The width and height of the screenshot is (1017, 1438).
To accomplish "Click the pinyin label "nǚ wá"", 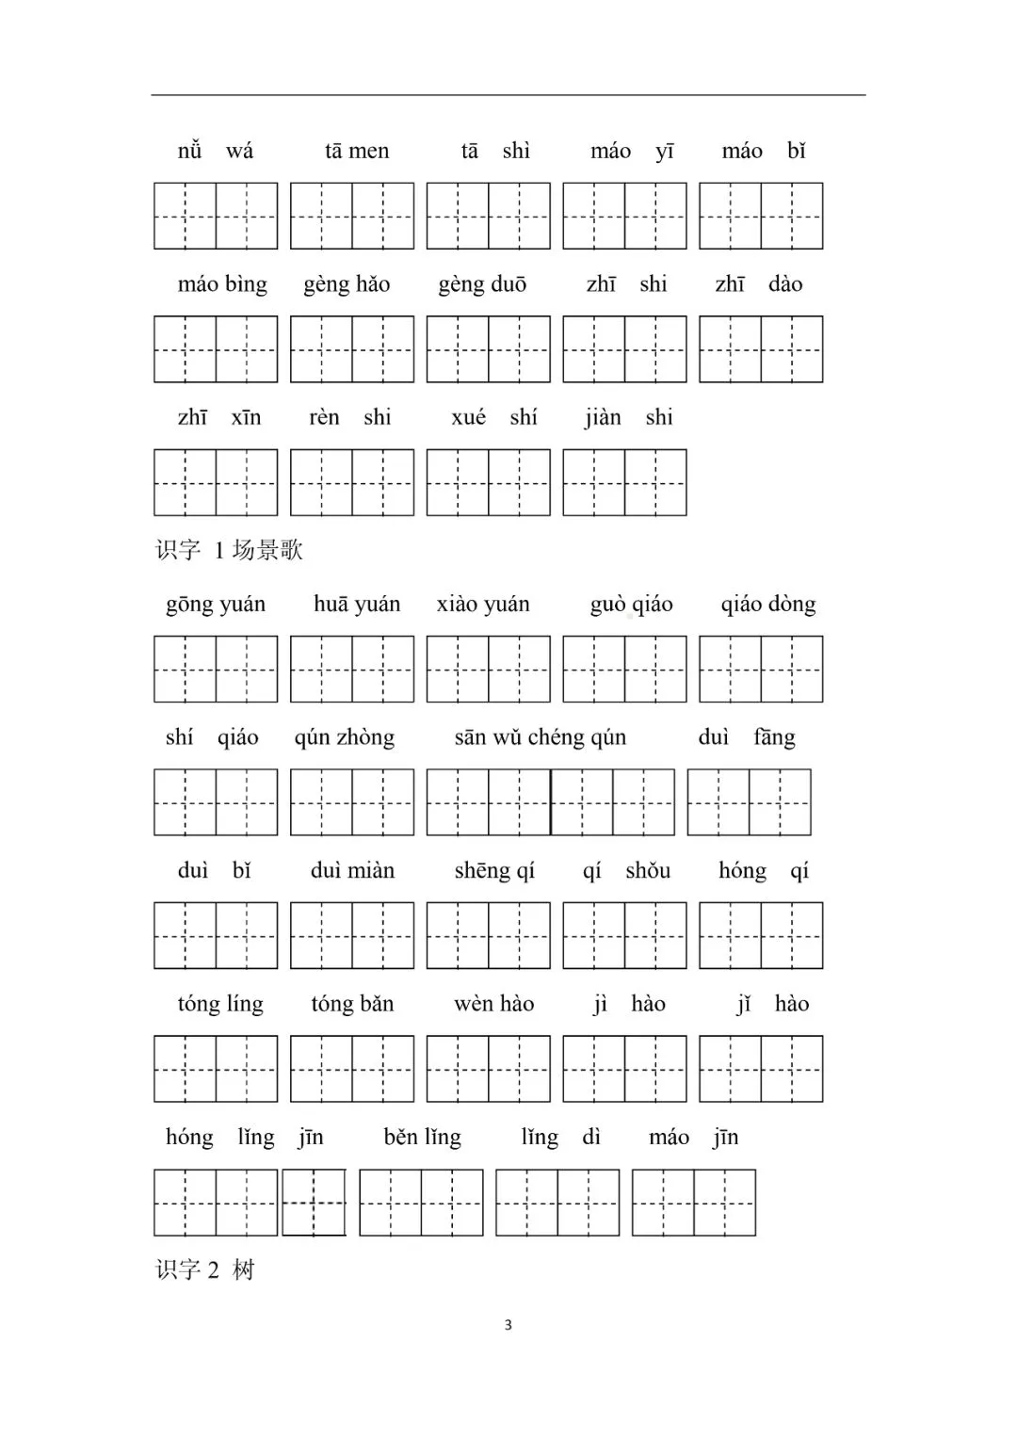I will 216,151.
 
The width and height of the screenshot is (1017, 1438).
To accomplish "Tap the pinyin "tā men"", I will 357,151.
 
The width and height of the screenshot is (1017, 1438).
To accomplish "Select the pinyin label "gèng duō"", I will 482,284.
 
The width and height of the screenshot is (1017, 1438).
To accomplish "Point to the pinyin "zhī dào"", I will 759,284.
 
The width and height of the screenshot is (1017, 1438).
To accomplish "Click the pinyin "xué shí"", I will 494,417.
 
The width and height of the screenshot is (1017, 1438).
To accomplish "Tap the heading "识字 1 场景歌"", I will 230,550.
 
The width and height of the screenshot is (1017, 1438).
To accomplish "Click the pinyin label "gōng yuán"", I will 216,605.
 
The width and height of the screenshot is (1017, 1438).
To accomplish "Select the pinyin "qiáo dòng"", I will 768,605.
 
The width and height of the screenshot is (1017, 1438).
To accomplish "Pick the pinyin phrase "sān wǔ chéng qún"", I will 541,737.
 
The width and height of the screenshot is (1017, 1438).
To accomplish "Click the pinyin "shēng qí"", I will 494,871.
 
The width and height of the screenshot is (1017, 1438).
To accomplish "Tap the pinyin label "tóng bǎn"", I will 352,1004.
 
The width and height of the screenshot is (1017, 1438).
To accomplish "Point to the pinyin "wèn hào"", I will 493,1004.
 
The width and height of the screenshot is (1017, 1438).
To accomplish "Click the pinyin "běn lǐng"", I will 422,1138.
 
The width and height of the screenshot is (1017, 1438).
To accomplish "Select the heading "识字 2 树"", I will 205,1270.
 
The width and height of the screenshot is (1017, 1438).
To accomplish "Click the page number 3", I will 508,1325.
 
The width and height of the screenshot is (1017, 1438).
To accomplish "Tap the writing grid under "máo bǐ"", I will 761,217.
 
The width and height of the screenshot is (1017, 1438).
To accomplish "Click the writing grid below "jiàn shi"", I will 624,483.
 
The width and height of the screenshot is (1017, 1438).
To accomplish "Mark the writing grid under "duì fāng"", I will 749,802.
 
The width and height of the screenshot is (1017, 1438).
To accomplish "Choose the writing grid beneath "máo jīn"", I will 694,1203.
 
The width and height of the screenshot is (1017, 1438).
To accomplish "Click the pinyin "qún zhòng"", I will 345,737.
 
